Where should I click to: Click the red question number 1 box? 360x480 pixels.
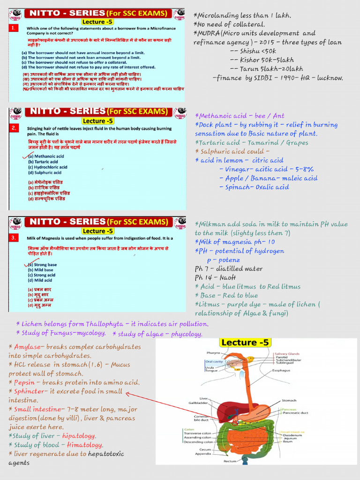click(14, 29)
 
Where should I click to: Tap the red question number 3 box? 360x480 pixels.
click(14, 238)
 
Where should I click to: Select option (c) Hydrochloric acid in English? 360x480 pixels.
click(47, 167)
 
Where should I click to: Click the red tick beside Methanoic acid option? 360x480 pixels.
click(27, 156)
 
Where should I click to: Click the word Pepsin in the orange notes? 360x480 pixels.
click(26, 382)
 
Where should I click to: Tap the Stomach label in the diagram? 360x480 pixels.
click(289, 401)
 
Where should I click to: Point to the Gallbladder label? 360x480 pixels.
click(198, 403)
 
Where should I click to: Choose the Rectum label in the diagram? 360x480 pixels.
click(230, 461)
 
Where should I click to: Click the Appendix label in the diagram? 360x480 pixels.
click(203, 454)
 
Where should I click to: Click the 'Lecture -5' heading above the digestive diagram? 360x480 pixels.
click(245, 343)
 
